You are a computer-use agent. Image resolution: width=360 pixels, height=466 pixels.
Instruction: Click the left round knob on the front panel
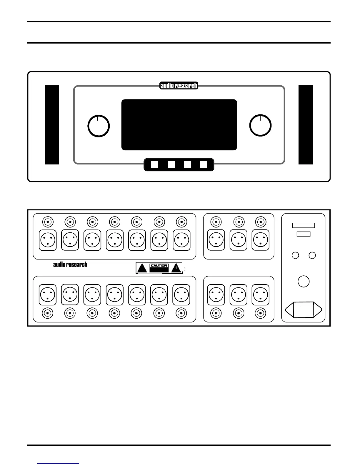pyautogui.click(x=99, y=126)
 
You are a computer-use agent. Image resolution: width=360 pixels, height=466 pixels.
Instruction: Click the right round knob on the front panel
pyautogui.click(x=260, y=126)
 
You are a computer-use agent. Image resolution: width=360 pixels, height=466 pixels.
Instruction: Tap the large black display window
pyautogui.click(x=179, y=125)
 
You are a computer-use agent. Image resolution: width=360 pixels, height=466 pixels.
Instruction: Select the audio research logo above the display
pyautogui.click(x=179, y=86)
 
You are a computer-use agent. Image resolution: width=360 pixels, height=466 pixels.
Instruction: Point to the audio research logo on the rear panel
pyautogui.click(x=70, y=264)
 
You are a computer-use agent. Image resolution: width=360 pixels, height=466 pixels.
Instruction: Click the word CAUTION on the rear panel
pyautogui.click(x=159, y=266)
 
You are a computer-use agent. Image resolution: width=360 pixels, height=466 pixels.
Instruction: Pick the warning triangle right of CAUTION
pyautogui.click(x=176, y=268)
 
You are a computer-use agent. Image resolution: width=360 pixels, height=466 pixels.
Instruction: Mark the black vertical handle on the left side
pyautogui.click(x=52, y=125)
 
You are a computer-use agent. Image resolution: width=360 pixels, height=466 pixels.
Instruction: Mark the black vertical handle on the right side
pyautogui.click(x=306, y=125)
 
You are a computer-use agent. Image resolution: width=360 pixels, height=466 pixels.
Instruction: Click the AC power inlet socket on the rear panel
pyautogui.click(x=304, y=310)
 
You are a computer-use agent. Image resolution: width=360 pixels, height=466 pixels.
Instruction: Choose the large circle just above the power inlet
pyautogui.click(x=304, y=281)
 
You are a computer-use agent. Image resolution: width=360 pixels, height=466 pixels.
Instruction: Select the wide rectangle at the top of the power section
pyautogui.click(x=304, y=225)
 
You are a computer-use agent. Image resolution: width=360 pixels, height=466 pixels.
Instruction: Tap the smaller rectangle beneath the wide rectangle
pyautogui.click(x=304, y=234)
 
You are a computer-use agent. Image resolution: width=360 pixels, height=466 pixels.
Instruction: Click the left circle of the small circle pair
pyautogui.click(x=295, y=255)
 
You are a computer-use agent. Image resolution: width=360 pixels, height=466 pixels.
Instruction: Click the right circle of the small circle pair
pyautogui.click(x=312, y=255)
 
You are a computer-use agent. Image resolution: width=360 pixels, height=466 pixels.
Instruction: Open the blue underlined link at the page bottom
pyautogui.click(x=59, y=463)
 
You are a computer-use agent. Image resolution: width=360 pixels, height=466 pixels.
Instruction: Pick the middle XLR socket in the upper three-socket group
pyautogui.click(x=239, y=240)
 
